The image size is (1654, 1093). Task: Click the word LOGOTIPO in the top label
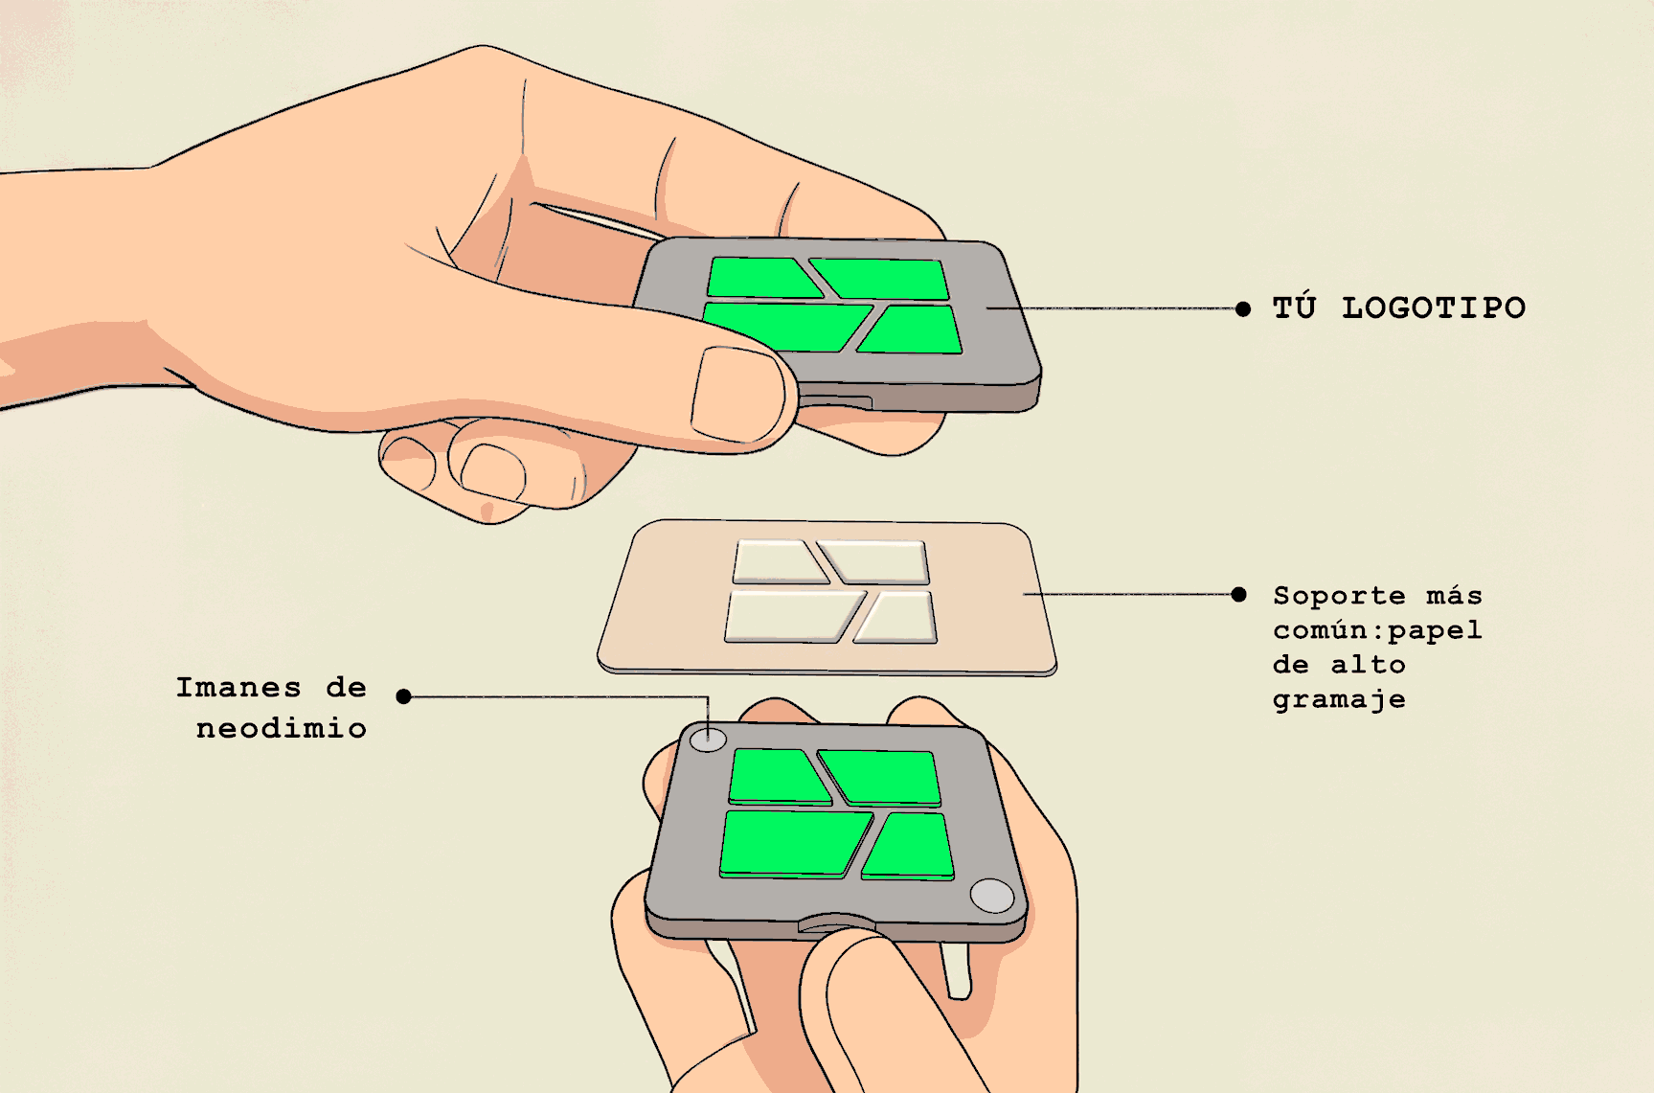point(1433,308)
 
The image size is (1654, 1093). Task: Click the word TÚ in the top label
point(1294,307)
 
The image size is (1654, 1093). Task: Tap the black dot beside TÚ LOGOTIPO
point(1242,308)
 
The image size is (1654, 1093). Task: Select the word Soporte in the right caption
point(1338,596)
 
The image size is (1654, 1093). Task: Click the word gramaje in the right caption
point(1338,700)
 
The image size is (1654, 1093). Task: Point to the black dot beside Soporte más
point(1238,595)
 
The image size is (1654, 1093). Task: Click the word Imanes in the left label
point(238,688)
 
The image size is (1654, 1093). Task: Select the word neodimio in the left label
point(281,729)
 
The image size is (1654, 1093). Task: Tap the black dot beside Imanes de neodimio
point(404,696)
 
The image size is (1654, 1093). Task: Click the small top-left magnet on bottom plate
point(708,739)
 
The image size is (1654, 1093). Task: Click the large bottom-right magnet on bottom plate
point(991,896)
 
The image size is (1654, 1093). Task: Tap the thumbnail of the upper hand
point(736,393)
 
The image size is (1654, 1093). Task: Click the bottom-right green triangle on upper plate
point(915,330)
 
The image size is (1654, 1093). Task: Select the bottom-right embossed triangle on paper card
point(898,619)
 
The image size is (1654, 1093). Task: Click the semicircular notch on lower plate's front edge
point(835,922)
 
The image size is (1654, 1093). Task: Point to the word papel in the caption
point(1434,631)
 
